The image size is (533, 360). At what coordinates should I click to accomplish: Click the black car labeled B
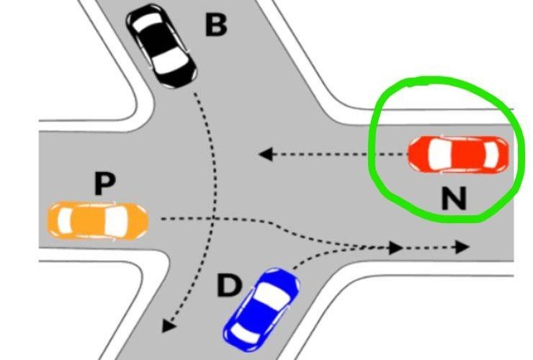pos(161,45)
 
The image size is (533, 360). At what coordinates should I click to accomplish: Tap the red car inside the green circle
pos(459,155)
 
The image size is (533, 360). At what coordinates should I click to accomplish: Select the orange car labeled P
pos(98,221)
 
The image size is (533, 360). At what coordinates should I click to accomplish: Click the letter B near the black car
pos(216,25)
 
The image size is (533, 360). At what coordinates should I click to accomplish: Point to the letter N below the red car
pos(454,198)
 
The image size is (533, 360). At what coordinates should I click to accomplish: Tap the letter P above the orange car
pos(104,183)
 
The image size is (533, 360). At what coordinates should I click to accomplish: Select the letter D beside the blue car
pos(229,286)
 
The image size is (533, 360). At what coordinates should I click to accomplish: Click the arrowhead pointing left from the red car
pos(266,154)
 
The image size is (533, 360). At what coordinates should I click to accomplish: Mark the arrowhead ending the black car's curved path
pos(169,325)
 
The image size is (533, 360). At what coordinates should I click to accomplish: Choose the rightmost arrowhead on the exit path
pos(462,247)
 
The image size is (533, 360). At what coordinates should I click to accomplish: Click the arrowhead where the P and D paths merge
pos(395,248)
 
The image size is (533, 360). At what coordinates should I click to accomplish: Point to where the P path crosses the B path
pos(213,218)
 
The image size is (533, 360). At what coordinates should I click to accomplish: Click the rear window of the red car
pos(491,155)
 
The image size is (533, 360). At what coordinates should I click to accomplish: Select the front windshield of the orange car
pos(116,221)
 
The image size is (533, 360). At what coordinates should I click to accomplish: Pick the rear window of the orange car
pos(65,221)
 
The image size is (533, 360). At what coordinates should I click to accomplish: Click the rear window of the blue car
pos(245,333)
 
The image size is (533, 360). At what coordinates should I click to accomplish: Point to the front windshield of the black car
pos(170,60)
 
